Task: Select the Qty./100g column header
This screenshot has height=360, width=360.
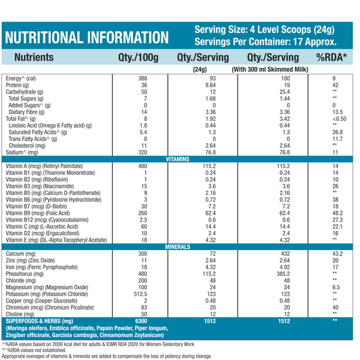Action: [x=137, y=58]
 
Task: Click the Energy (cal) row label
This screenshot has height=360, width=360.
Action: [x=21, y=79]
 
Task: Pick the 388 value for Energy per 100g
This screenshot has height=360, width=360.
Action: [x=142, y=79]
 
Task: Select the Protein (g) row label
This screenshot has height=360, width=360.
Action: [x=20, y=85]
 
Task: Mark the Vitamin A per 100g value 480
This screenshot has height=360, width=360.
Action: [x=142, y=166]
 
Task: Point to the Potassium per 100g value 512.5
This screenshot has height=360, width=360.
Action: [x=140, y=294]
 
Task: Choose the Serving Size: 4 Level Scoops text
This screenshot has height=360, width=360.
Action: [x=265, y=30]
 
